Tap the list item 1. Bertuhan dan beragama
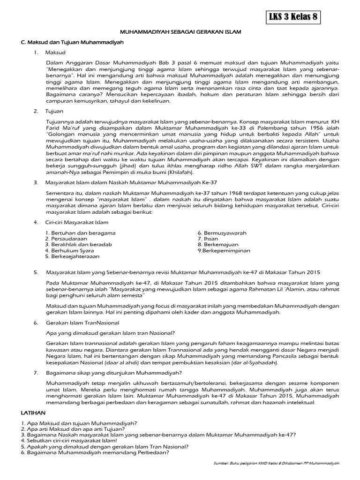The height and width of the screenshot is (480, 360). point(80,233)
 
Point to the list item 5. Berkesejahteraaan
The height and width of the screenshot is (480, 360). point(72,257)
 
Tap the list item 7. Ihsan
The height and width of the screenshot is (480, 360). point(209,239)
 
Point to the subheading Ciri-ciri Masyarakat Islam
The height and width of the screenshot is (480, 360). point(77,222)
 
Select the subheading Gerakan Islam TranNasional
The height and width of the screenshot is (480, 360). point(83,323)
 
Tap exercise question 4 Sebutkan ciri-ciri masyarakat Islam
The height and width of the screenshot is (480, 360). point(69,441)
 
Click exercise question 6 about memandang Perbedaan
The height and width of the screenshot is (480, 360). point(95,453)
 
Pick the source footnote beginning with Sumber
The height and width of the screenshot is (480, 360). point(275,463)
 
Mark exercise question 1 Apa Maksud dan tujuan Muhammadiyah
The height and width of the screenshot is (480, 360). point(79,423)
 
